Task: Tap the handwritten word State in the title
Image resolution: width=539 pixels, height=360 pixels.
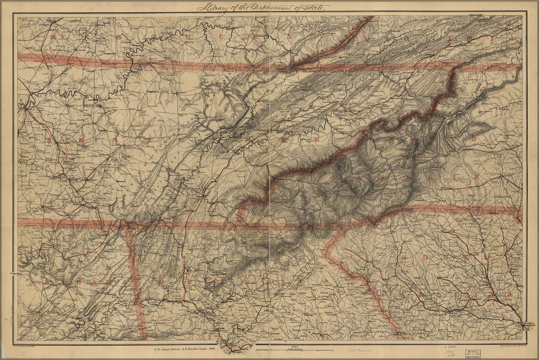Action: click(317, 7)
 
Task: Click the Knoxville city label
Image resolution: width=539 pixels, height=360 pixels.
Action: click(264, 131)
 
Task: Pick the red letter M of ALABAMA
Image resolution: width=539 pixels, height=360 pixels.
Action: click(109, 282)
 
